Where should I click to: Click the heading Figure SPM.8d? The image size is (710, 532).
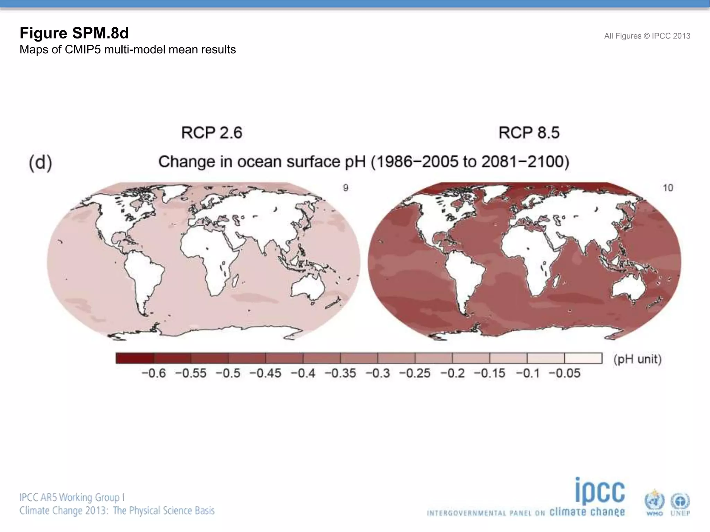click(x=74, y=33)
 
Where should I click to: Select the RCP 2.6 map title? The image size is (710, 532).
click(x=211, y=133)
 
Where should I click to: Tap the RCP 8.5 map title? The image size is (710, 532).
click(x=529, y=133)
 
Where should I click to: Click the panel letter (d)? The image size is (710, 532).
click(x=41, y=163)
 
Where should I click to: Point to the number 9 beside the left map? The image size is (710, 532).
click(x=346, y=188)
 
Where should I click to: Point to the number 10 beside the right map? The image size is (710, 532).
click(x=668, y=188)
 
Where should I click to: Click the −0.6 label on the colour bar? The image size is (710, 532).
click(x=154, y=373)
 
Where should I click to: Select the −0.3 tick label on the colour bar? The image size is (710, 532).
click(x=378, y=373)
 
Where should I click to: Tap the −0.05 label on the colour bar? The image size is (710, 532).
click(x=564, y=373)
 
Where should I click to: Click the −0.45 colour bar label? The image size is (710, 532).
click(x=265, y=373)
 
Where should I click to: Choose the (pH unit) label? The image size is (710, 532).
click(x=637, y=359)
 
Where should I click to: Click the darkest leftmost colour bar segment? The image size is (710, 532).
click(x=135, y=358)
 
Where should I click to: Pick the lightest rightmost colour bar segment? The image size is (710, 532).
click(x=583, y=358)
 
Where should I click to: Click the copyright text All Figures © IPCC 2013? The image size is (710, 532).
click(x=647, y=36)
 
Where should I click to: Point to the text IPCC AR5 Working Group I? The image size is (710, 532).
click(x=72, y=497)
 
